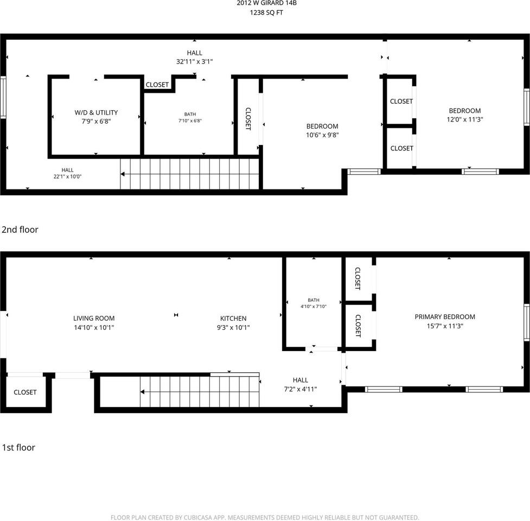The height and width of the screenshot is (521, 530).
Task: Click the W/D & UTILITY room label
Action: click(96, 112)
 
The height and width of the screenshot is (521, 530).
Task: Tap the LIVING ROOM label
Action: click(94, 318)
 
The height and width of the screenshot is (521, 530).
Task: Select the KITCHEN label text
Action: click(233, 319)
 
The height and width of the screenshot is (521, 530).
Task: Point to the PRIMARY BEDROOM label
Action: click(445, 317)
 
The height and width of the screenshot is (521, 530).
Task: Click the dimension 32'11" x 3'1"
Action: click(194, 61)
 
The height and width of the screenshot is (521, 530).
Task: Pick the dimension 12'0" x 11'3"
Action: click(465, 119)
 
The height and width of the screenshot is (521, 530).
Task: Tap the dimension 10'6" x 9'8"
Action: click(322, 135)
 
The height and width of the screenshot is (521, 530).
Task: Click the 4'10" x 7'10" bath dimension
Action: click(314, 306)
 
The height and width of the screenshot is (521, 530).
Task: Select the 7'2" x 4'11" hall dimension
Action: click(301, 389)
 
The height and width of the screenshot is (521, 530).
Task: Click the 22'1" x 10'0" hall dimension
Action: click(67, 176)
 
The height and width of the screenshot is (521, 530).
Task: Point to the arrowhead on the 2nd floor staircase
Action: click(123, 174)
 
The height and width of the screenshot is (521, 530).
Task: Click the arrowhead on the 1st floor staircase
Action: click(143, 392)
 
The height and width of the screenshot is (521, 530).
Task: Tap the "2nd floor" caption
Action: click(20, 230)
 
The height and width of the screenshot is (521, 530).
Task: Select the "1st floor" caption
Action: click(18, 447)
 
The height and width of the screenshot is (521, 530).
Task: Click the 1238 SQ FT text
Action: click(266, 13)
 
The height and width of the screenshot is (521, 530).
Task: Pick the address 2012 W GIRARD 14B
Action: click(267, 3)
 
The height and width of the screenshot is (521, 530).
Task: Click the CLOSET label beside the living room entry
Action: click(25, 392)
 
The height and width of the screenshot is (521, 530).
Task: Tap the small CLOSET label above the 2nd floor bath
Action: click(157, 85)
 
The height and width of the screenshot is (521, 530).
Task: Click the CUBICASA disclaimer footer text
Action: click(265, 517)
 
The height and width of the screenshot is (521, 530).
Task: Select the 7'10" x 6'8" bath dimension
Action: click(190, 120)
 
